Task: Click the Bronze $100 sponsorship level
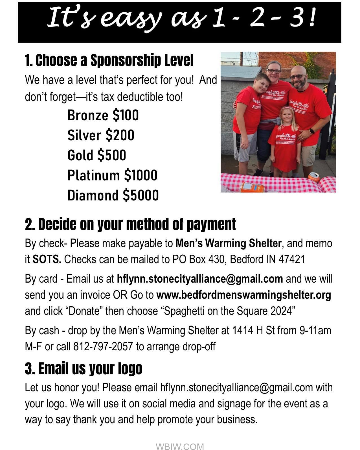[x=103, y=115]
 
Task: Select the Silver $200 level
[x=101, y=135]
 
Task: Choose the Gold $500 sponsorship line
[x=96, y=155]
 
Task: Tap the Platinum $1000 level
[x=112, y=175]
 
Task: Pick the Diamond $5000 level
[x=113, y=195]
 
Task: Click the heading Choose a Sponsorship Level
[x=109, y=60]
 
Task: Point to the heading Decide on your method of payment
[x=130, y=224]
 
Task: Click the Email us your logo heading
[x=84, y=369]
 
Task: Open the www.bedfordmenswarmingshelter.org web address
[x=243, y=295]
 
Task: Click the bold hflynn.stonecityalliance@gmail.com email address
[x=200, y=279]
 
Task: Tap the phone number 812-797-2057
[x=103, y=346]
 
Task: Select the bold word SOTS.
[x=47, y=259]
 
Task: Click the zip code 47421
[x=292, y=259]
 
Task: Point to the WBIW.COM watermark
[x=180, y=446]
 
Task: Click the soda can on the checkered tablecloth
[x=314, y=177]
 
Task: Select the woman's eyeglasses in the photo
[x=274, y=71]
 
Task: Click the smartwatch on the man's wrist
[x=312, y=131]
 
